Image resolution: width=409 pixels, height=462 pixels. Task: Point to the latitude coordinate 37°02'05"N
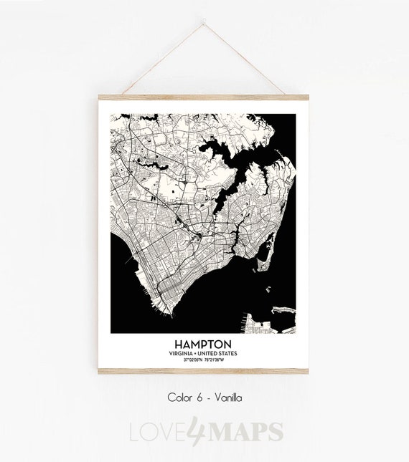tap(190, 360)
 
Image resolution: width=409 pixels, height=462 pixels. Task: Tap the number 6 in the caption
tap(199, 397)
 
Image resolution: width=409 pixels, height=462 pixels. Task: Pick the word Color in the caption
tap(179, 397)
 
